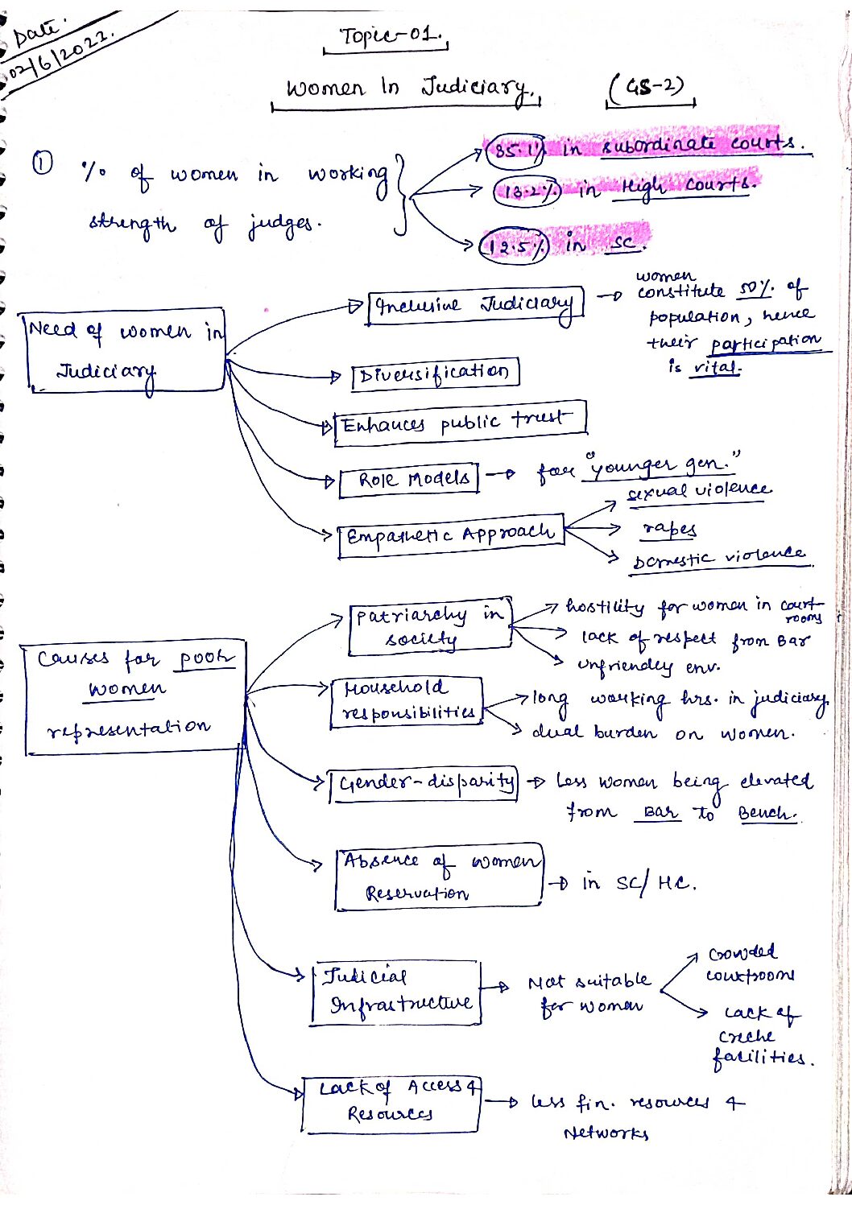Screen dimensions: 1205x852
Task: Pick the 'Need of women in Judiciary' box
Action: coord(125,349)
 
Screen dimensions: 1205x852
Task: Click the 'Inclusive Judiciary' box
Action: coord(475,306)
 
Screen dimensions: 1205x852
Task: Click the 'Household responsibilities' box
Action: coord(407,701)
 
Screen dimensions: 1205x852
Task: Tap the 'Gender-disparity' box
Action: coord(424,782)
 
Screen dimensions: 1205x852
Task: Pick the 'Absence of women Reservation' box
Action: coord(439,877)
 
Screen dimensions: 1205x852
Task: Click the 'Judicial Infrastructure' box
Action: coord(397,992)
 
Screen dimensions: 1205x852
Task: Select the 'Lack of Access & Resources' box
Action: coord(391,1104)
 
